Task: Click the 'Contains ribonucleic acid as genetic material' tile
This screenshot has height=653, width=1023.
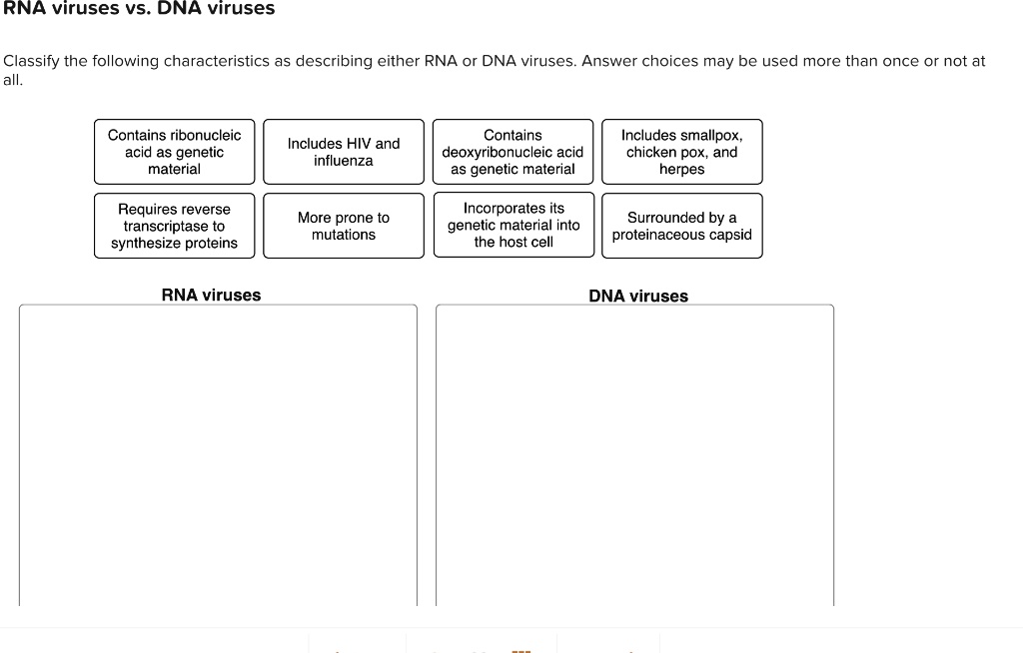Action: coord(174,152)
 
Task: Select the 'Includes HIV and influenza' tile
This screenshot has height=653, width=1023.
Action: coord(343,152)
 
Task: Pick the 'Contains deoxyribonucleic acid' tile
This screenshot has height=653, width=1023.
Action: coord(512,152)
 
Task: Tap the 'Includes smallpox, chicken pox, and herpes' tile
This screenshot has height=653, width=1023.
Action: coord(681,152)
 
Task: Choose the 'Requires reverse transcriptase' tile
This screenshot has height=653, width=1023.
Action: coord(174,226)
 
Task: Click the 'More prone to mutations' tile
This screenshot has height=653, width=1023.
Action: coord(343,226)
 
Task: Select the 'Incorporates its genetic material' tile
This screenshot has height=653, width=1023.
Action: coord(512,226)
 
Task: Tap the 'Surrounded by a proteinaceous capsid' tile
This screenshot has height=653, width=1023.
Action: coord(681,226)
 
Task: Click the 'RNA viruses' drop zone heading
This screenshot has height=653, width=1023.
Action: coord(211,295)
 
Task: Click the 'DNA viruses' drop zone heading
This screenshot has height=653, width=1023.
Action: coord(638,296)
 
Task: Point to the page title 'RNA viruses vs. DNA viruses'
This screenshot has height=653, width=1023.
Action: coord(139,9)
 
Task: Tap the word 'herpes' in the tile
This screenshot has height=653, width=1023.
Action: coord(681,169)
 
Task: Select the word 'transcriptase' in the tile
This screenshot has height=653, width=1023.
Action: coord(174,226)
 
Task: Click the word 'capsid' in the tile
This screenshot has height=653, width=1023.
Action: coord(728,235)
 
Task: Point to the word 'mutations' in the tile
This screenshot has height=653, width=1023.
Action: coord(343,235)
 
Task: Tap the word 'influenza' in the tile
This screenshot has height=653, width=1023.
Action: coord(343,161)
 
